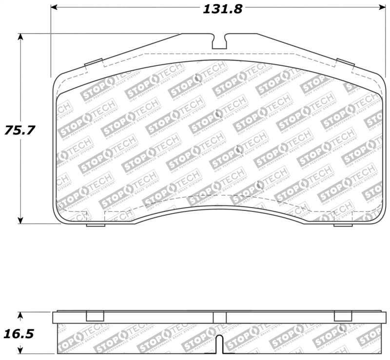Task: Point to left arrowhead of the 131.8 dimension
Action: point(55,7)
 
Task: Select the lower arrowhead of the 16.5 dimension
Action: point(20,351)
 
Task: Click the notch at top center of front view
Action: point(219,41)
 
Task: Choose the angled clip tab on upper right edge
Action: point(346,62)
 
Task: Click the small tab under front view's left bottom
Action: point(96,225)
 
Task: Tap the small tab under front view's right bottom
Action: point(343,225)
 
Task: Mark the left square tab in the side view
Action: point(95,316)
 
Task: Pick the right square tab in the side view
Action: point(343,316)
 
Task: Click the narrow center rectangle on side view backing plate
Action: point(219,317)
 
